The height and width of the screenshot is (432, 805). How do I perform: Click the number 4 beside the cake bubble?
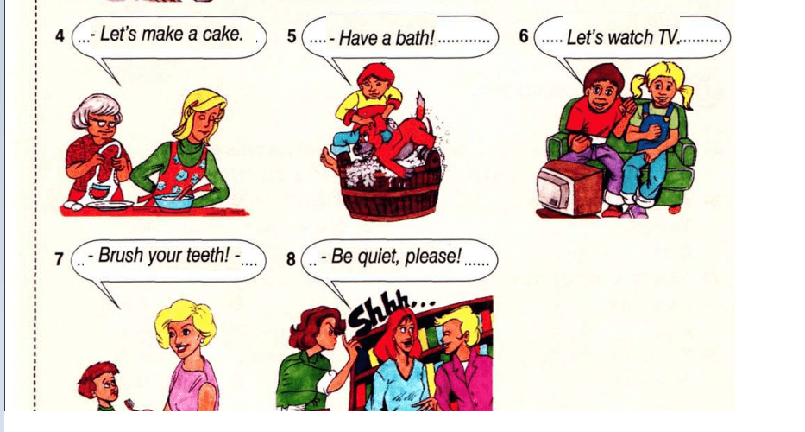click(x=60, y=36)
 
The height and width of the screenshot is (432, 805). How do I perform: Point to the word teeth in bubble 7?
click(x=209, y=255)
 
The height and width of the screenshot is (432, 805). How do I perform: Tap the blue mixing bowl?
click(x=173, y=201)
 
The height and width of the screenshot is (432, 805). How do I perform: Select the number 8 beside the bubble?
click(x=291, y=258)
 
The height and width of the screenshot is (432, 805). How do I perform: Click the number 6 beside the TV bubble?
click(x=524, y=36)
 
